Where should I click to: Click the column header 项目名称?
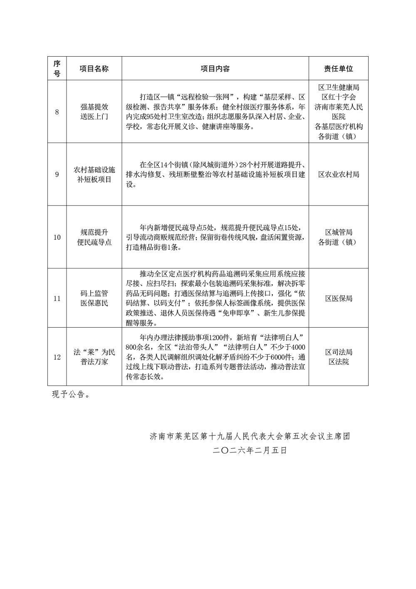click(x=94, y=69)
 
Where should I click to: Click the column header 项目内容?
click(x=215, y=69)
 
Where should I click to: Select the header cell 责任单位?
click(x=339, y=69)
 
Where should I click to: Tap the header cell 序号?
click(x=57, y=69)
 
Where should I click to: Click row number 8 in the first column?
click(x=57, y=112)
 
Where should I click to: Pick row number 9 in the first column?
click(x=57, y=175)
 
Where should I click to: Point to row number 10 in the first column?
click(x=57, y=237)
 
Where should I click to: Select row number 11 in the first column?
click(x=57, y=298)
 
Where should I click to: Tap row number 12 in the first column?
click(x=57, y=357)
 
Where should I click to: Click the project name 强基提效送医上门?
click(x=94, y=112)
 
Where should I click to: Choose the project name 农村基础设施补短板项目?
click(x=94, y=175)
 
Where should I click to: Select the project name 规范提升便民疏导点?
click(x=94, y=237)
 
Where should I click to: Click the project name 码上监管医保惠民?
click(x=94, y=298)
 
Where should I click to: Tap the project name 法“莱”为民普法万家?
click(x=94, y=357)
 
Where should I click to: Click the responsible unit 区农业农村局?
click(x=339, y=175)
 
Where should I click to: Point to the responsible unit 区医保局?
click(x=339, y=298)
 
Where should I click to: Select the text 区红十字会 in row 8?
click(x=339, y=97)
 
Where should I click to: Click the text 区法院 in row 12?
click(x=339, y=362)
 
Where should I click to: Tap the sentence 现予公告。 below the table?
click(x=70, y=395)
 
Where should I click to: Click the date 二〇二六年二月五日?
click(x=250, y=450)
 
